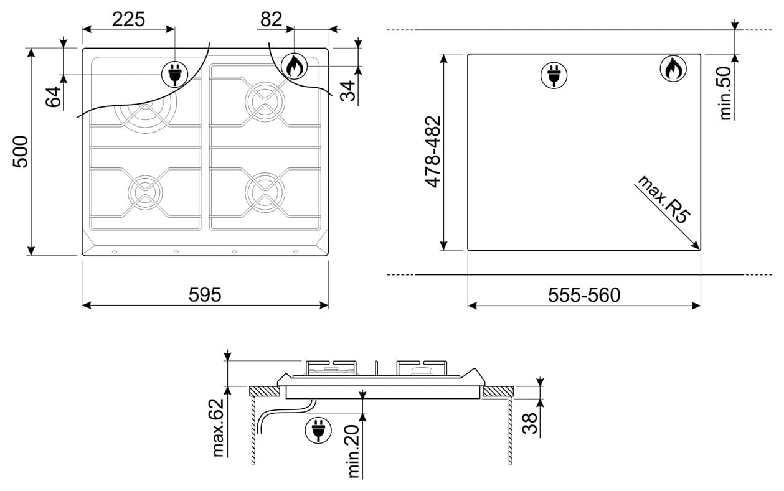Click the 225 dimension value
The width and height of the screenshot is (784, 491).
pyautogui.click(x=128, y=19)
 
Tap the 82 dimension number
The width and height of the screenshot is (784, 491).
pyautogui.click(x=272, y=19)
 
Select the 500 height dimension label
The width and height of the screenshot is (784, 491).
pyautogui.click(x=21, y=151)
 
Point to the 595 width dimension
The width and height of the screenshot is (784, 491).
pyautogui.click(x=205, y=294)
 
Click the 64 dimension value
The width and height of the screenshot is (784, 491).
pyautogui.click(x=54, y=97)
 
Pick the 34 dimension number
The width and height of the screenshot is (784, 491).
pyautogui.click(x=347, y=91)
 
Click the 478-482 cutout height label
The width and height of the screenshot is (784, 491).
pyautogui.click(x=432, y=152)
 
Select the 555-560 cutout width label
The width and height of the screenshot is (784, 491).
pyautogui.click(x=584, y=295)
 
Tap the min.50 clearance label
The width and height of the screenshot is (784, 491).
pyautogui.click(x=725, y=93)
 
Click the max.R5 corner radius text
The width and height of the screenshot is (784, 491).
pyautogui.click(x=663, y=199)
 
